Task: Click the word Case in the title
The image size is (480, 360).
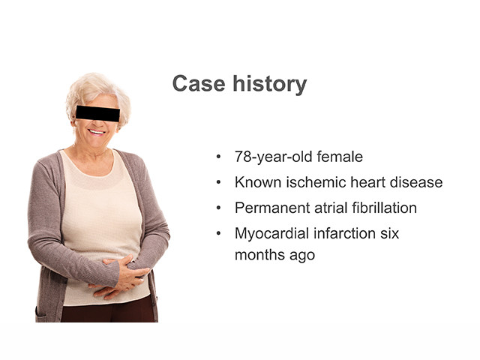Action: coord(199,83)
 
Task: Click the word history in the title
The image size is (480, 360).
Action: coord(270,84)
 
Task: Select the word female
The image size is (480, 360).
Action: coord(340,157)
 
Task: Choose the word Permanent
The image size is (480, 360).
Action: coord(272,208)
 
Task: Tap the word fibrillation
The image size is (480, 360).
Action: coord(384,208)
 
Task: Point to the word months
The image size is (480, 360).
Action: coord(259,255)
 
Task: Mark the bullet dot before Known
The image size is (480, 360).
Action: coord(218,182)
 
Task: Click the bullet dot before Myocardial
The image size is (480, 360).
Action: coord(218,233)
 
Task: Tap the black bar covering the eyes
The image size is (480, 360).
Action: coord(97,113)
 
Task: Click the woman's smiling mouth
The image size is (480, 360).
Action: coord(97,132)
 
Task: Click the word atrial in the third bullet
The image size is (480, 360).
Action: coord(331,208)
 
